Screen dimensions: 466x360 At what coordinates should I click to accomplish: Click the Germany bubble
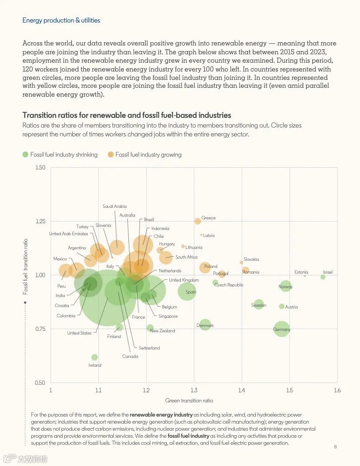pos(281,329)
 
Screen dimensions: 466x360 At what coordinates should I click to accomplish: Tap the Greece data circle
pos(198,221)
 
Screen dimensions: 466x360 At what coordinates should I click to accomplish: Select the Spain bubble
pos(187,291)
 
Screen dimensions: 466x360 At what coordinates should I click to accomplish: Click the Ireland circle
pos(94,357)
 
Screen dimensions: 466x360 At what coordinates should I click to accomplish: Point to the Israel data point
pos(323,277)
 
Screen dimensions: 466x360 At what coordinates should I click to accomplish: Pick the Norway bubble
pos(286,286)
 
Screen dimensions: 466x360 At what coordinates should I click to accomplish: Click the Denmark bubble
pos(205,325)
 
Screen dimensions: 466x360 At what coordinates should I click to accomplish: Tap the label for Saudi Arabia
pos(115,207)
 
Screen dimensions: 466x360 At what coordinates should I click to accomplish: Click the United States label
pos(79,333)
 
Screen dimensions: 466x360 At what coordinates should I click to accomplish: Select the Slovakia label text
pos(251,259)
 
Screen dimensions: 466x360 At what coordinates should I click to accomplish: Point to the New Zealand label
pos(162,331)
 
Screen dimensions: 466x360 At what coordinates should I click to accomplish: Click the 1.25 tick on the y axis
pos(41,221)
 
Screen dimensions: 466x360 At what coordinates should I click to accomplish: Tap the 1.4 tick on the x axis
pos(242,391)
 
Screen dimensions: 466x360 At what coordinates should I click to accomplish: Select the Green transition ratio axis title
pos(189,401)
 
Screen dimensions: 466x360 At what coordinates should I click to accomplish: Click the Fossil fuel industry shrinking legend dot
pos(25,154)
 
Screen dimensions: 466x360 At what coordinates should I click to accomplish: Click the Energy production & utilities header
pos(61,20)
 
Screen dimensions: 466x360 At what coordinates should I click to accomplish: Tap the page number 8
pos(335,447)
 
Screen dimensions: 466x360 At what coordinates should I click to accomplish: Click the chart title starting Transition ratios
pos(127,116)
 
